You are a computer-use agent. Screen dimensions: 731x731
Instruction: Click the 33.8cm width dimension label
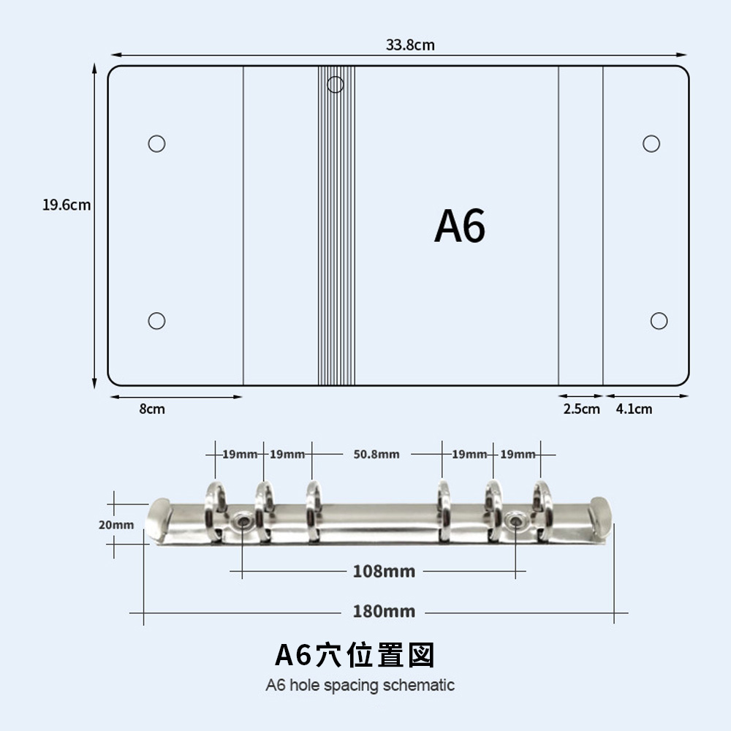410,45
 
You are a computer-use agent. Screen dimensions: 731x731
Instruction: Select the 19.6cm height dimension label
67,205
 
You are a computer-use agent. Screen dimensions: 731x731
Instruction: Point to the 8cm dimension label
152,409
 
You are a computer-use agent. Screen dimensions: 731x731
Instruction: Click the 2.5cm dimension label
581,409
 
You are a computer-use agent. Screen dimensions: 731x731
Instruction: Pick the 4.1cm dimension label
634,409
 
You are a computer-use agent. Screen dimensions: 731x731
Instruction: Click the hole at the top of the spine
336,85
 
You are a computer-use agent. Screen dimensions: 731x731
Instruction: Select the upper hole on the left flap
156,143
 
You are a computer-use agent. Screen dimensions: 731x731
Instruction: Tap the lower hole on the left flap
156,321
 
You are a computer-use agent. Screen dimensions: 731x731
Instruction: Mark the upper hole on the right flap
651,143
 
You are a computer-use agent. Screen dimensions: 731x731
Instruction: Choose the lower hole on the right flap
659,321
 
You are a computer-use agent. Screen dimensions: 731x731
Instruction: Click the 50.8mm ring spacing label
376,454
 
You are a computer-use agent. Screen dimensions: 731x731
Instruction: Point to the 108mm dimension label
384,572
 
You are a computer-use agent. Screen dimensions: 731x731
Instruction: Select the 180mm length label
384,612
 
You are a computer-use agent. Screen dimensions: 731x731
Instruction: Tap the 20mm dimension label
116,525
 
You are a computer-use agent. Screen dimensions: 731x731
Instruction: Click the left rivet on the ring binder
242,520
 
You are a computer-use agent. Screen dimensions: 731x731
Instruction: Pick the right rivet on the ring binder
517,520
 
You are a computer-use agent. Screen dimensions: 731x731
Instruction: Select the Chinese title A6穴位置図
355,655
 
